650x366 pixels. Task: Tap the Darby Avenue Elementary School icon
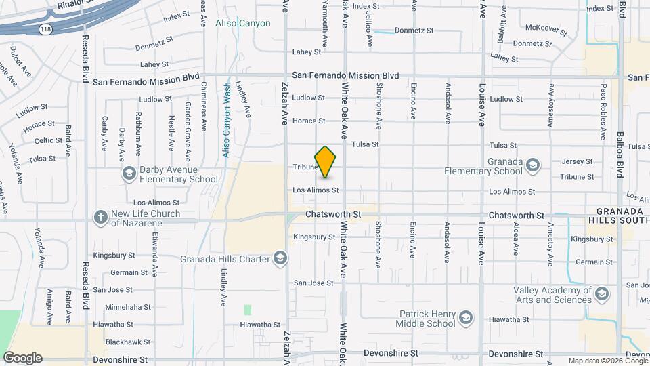pyautogui.click(x=128, y=174)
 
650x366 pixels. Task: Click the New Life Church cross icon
pyautogui.click(x=101, y=218)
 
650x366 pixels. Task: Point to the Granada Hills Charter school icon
pyautogui.click(x=280, y=258)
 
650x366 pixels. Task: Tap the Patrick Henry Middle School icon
pyautogui.click(x=466, y=318)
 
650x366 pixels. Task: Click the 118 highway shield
pyautogui.click(x=45, y=29)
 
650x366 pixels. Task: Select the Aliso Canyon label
pyautogui.click(x=242, y=23)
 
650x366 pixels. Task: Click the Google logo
pyautogui.click(x=22, y=357)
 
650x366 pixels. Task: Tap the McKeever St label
pyautogui.click(x=547, y=29)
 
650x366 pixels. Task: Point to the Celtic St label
pyautogui.click(x=49, y=140)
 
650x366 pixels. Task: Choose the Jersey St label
pyautogui.click(x=577, y=162)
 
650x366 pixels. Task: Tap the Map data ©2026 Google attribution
pyautogui.click(x=607, y=361)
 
